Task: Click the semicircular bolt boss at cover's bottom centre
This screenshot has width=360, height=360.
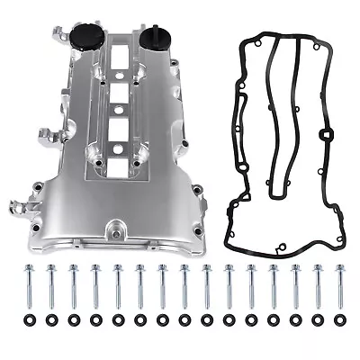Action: coord(116,229)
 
